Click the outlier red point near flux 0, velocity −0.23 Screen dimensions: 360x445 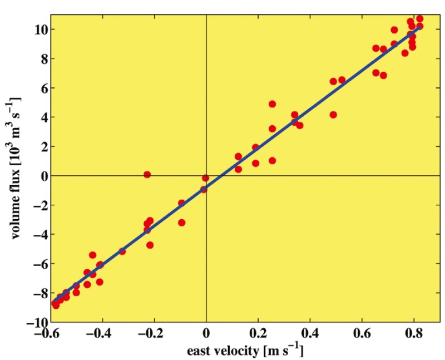point(147,175)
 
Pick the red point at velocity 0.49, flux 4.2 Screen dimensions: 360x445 point(333,115)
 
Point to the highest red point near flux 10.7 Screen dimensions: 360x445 point(419,19)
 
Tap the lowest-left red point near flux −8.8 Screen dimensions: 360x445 point(56,305)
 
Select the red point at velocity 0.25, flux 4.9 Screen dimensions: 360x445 point(273,104)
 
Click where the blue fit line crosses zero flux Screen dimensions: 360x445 point(222,176)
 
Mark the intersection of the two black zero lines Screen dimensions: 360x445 point(206,176)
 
